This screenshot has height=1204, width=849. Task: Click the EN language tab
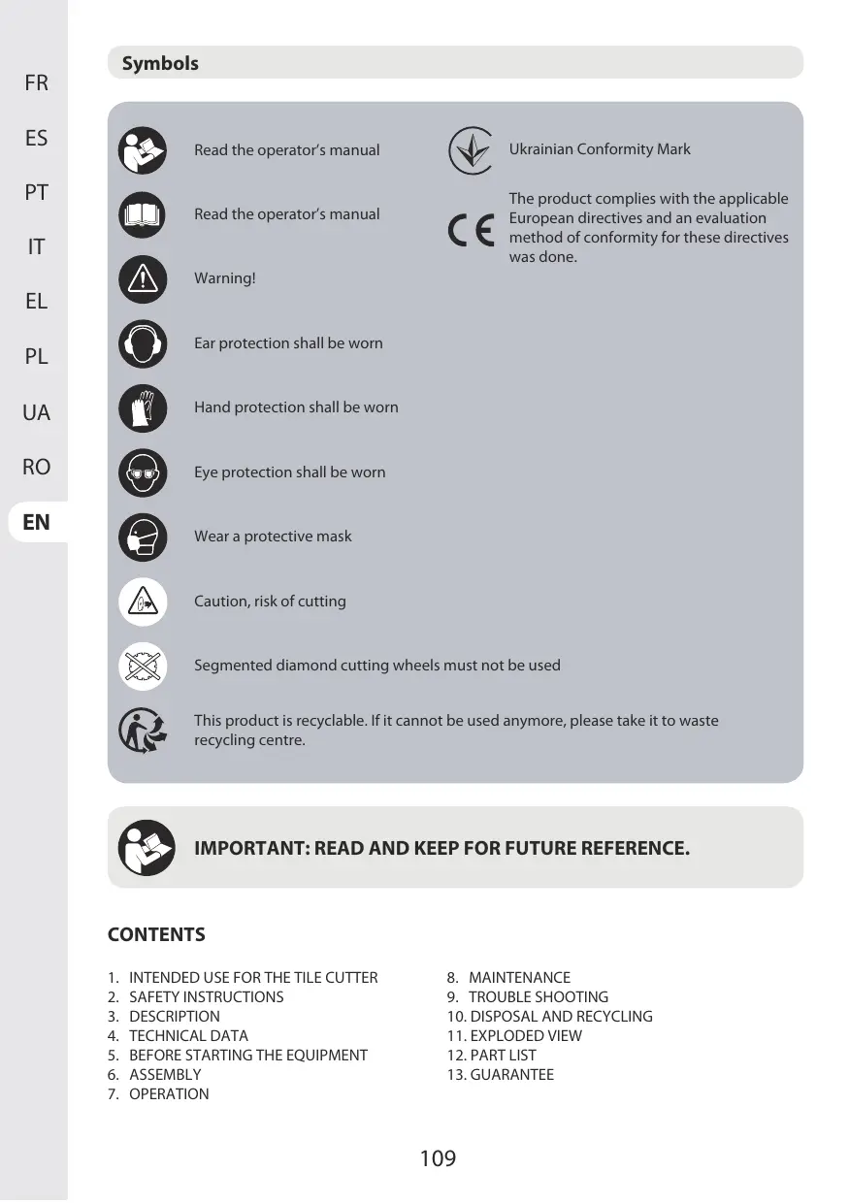(x=36, y=522)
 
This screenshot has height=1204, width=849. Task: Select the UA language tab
(x=36, y=412)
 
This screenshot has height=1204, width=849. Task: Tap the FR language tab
(x=36, y=83)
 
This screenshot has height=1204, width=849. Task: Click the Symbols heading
(x=160, y=64)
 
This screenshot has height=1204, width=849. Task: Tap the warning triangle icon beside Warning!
(x=143, y=279)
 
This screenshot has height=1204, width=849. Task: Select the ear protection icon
(x=143, y=343)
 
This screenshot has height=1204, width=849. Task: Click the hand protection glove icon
(x=143, y=407)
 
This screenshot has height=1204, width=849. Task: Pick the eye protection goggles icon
(x=143, y=472)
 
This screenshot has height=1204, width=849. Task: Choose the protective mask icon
(x=143, y=537)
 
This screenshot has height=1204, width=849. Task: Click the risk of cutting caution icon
(x=143, y=602)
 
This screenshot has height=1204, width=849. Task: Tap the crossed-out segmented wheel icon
(x=143, y=666)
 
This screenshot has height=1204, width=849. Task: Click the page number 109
(x=438, y=1157)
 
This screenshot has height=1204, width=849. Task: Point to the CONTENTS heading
(x=156, y=935)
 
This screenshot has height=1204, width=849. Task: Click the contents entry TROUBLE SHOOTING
(x=539, y=997)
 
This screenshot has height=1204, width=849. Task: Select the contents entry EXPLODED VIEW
(x=526, y=1036)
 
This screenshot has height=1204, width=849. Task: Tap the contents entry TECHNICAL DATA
(x=188, y=1036)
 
